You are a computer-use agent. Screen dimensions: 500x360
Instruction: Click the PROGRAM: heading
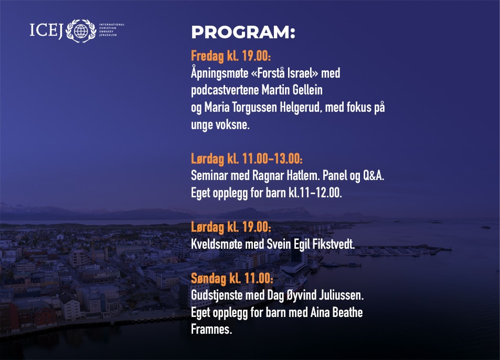(x=243, y=32)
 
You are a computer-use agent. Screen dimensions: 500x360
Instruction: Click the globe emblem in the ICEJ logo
(x=81, y=31)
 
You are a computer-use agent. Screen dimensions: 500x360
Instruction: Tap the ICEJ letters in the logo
(x=47, y=30)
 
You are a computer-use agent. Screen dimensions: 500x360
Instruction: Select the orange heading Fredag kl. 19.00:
(x=231, y=56)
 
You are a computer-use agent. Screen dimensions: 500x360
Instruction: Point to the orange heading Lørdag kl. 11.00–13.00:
(x=247, y=158)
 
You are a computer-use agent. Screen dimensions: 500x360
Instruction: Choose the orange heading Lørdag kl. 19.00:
(x=231, y=227)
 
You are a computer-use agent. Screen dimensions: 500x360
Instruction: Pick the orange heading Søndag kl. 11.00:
(x=232, y=278)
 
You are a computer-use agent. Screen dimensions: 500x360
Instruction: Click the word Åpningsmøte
(x=219, y=73)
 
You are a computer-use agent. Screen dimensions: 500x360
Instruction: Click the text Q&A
(x=374, y=175)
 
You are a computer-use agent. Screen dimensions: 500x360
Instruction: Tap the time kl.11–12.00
(x=315, y=193)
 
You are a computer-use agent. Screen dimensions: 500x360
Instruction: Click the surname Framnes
(x=211, y=330)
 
